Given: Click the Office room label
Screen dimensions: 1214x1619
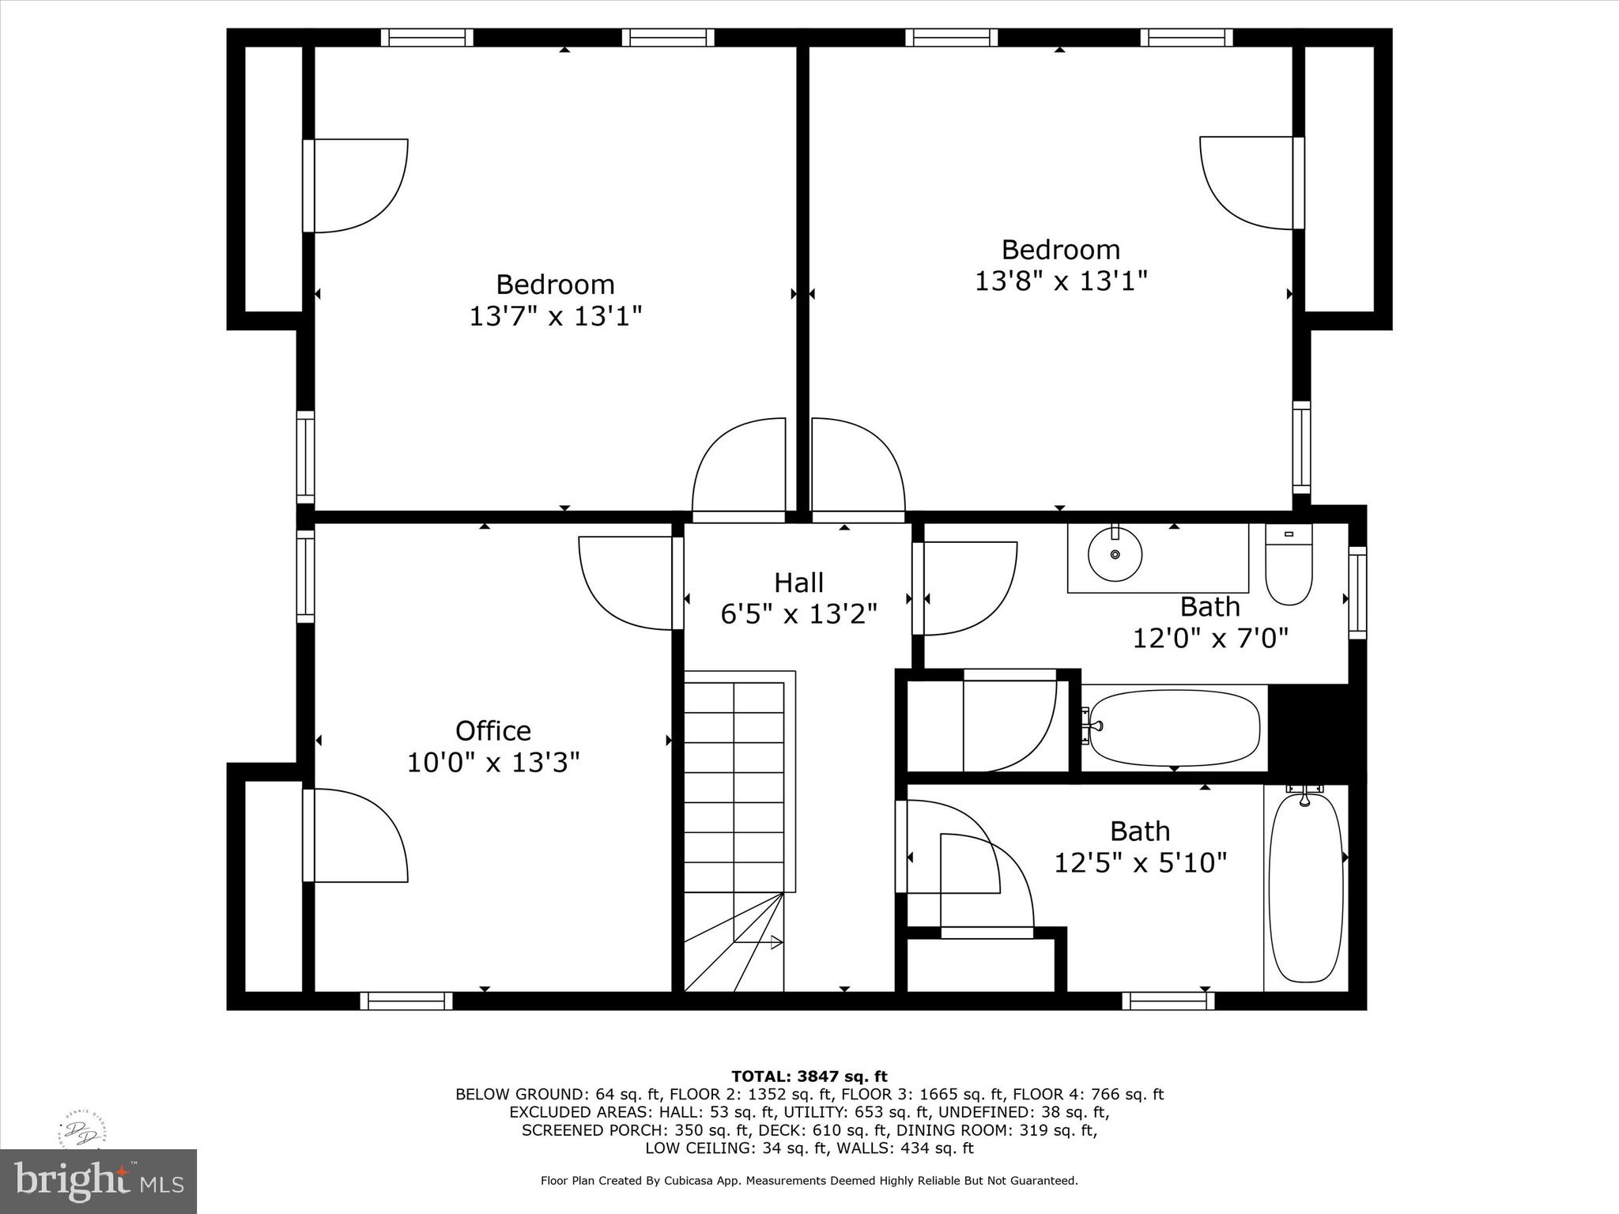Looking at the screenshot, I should [x=492, y=730].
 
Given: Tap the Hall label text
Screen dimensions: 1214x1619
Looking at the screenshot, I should [x=798, y=582].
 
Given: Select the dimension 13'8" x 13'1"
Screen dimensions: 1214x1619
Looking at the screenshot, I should [x=1060, y=281].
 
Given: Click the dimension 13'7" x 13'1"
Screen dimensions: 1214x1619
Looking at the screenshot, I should [x=555, y=316].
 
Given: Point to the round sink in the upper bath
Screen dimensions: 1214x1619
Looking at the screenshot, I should [x=1115, y=554].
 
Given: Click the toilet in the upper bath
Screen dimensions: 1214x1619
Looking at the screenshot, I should [x=1289, y=565].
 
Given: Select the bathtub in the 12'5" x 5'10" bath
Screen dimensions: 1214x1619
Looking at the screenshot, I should [x=1305, y=887].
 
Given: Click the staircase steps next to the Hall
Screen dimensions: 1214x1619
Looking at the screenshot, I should [x=734, y=790].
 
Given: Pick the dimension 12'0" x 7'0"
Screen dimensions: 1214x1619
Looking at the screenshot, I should [x=1210, y=638].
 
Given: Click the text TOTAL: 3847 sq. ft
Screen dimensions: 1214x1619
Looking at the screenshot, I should [x=809, y=1076].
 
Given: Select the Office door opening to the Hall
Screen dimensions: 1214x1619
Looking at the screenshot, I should [x=628, y=583].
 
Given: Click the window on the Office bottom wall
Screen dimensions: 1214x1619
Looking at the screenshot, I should [x=406, y=1001].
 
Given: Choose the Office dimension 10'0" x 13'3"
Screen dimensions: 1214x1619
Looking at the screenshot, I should [x=492, y=763].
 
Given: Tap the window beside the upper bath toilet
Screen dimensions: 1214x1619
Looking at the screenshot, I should [x=1357, y=593].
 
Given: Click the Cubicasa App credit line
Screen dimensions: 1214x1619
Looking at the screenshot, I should [x=809, y=1181].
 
